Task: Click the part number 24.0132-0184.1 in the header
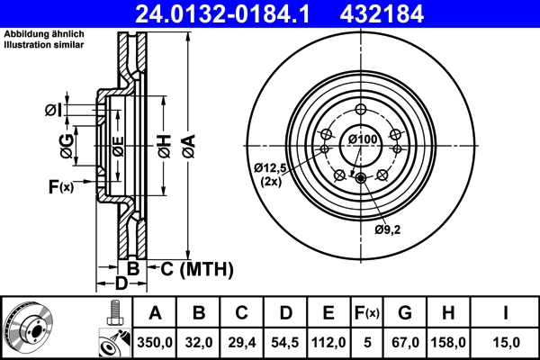coord(225,13)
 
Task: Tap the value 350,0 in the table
coord(155,343)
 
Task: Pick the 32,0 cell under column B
coord(200,343)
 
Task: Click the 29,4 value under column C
coord(242,343)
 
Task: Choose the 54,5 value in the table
coord(285,343)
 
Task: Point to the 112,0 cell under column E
coord(328,343)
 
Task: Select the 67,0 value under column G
coord(405,343)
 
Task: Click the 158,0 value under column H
coord(448,343)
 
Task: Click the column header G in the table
coord(405,313)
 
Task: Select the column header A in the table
coord(155,313)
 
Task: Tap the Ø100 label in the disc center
coord(362,139)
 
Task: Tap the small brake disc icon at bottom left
coord(28,328)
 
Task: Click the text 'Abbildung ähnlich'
coord(41,34)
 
